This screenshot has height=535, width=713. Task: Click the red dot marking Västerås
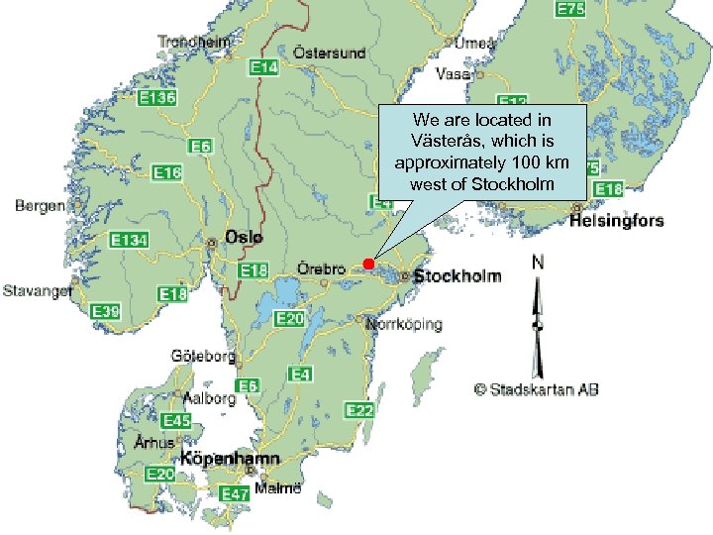click(367, 263)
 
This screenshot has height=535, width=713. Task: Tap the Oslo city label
click(244, 238)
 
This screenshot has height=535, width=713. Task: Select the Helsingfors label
click(616, 221)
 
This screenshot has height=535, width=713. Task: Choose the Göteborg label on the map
click(203, 356)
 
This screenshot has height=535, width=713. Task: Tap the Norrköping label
click(404, 324)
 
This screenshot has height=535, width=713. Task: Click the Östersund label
click(330, 53)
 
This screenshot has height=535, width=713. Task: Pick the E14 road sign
click(263, 67)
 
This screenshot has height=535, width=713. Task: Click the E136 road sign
click(157, 98)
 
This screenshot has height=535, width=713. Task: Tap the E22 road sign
click(358, 410)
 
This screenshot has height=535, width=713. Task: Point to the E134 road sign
click(129, 241)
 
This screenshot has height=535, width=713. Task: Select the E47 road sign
click(236, 493)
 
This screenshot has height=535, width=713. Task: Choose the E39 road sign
click(105, 312)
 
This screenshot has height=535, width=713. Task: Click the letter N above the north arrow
click(538, 263)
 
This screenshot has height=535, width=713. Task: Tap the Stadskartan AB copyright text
click(536, 389)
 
